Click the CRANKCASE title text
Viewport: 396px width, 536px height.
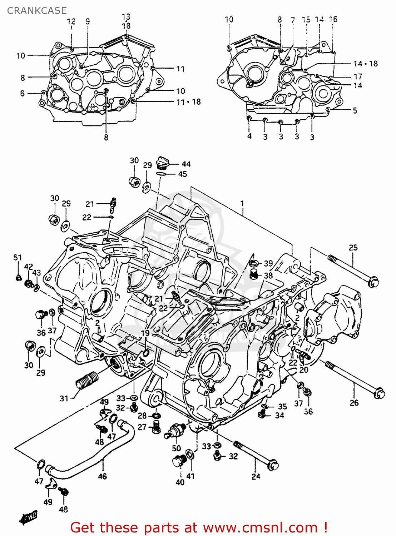click(37, 11)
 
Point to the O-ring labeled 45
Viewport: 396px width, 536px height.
click(161, 174)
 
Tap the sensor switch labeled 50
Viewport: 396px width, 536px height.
click(175, 431)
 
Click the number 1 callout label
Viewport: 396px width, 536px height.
click(242, 204)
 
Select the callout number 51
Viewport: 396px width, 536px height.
click(18, 257)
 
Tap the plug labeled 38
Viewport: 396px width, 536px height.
click(254, 274)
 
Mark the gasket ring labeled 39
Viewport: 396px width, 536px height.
click(253, 264)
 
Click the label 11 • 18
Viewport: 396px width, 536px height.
click(188, 102)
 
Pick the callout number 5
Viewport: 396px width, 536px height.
click(355, 110)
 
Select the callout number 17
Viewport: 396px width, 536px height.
click(357, 76)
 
